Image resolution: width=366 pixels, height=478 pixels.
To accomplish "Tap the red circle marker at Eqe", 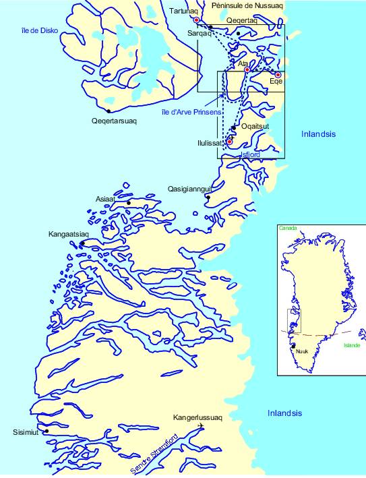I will pyautogui.click(x=278, y=75).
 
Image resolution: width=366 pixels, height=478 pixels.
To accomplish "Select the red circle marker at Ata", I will pyautogui.click(x=247, y=69).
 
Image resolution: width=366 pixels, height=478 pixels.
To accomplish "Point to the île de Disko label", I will pyautogui.click(x=39, y=30).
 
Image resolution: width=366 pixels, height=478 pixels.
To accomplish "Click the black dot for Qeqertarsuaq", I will pyautogui.click(x=109, y=111).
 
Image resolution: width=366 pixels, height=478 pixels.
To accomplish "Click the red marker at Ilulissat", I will pyautogui.click(x=230, y=142).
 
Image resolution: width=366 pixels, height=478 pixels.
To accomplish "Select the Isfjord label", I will pyautogui.click(x=251, y=155).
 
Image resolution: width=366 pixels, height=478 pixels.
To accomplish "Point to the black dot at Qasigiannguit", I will pyautogui.click(x=208, y=198).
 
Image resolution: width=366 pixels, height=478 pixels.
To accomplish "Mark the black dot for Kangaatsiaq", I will pyautogui.click(x=82, y=243).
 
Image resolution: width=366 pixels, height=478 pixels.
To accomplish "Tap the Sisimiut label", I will pyautogui.click(x=26, y=432).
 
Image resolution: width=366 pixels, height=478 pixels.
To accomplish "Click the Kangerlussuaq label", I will pyautogui.click(x=196, y=417).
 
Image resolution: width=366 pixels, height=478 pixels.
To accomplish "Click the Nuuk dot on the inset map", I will pyautogui.click(x=293, y=346).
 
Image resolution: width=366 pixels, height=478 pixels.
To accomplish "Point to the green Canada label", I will pyautogui.click(x=286, y=228).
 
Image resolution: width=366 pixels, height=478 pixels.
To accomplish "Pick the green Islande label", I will pyautogui.click(x=351, y=345).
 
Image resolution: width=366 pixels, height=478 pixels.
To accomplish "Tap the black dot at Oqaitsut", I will pyautogui.click(x=234, y=127).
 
